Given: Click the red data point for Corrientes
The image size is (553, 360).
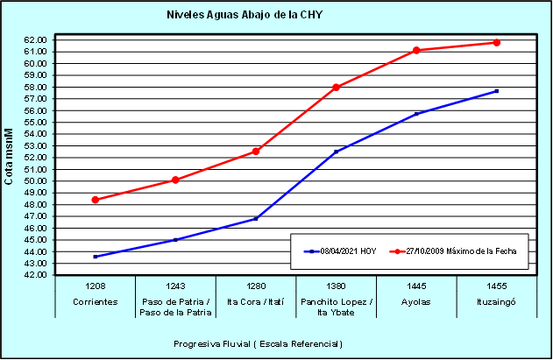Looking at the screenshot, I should click(96, 200).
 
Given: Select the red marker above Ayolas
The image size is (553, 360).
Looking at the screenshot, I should click(416, 51).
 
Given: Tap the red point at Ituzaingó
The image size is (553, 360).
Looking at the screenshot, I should click(497, 42).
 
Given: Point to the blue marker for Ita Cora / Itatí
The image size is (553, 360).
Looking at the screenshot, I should click(256, 219).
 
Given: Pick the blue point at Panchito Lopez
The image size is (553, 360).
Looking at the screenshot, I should click(337, 152).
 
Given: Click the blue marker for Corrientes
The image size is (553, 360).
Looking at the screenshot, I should click(96, 257).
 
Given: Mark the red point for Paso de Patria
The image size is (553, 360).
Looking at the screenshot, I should click(175, 180).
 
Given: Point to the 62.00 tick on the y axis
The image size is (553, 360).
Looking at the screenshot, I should click(36, 39).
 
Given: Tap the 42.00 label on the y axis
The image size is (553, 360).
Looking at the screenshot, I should click(36, 275).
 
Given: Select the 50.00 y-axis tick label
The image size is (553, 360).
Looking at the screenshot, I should click(36, 181).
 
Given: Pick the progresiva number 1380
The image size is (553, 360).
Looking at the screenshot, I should click(337, 286).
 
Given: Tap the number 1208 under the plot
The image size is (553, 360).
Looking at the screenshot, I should click(96, 286).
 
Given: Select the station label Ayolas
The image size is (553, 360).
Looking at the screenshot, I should click(416, 300).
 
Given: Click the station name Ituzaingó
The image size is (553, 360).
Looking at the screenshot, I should click(497, 300).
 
